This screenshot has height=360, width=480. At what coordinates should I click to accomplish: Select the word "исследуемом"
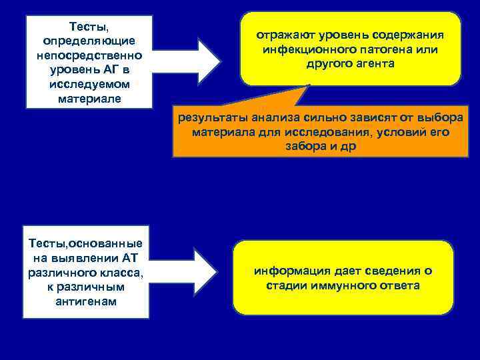click(x=89, y=85)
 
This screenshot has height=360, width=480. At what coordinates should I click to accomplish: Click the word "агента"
click(x=375, y=64)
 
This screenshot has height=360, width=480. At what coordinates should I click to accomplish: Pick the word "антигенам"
click(x=87, y=301)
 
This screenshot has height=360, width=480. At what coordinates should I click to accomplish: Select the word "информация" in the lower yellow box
click(x=289, y=271)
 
